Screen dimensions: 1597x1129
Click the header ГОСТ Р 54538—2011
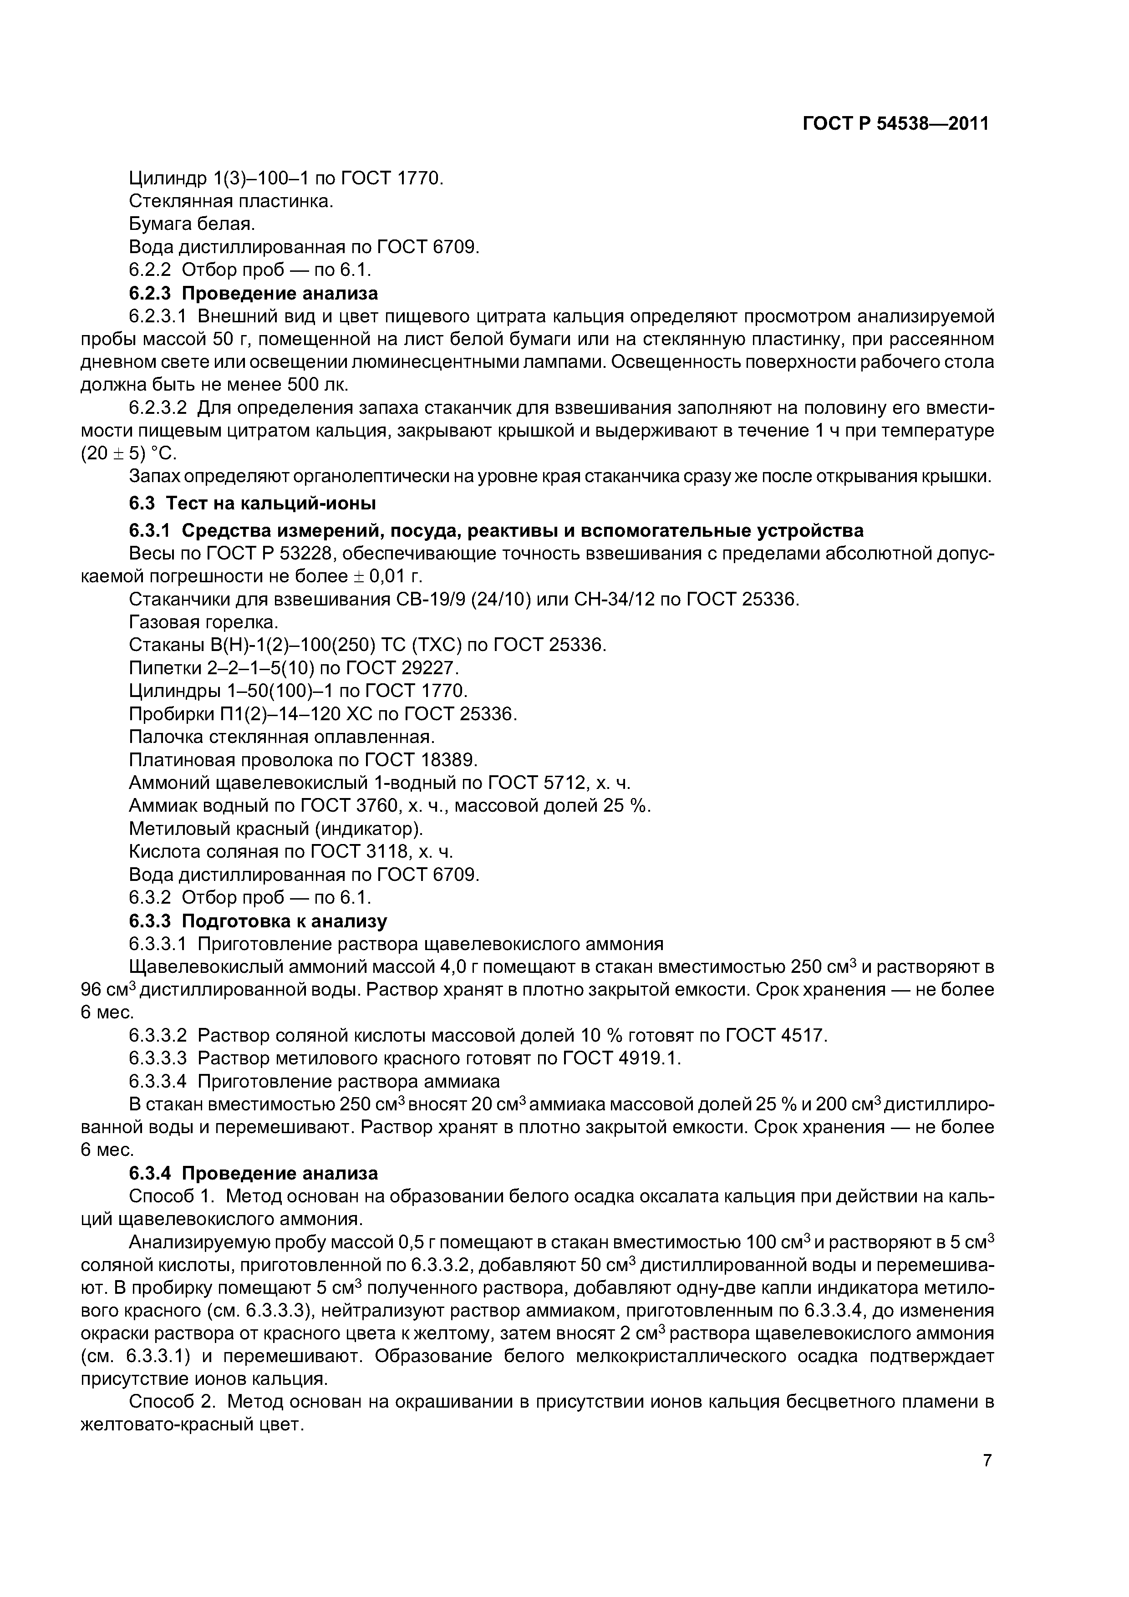coord(895,124)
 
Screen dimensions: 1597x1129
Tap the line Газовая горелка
coord(204,622)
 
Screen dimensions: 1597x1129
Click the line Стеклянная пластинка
coord(231,202)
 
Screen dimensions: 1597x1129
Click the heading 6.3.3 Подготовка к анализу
coord(258,921)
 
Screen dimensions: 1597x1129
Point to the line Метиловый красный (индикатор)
coord(276,829)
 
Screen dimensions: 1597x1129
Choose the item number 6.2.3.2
coord(158,407)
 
